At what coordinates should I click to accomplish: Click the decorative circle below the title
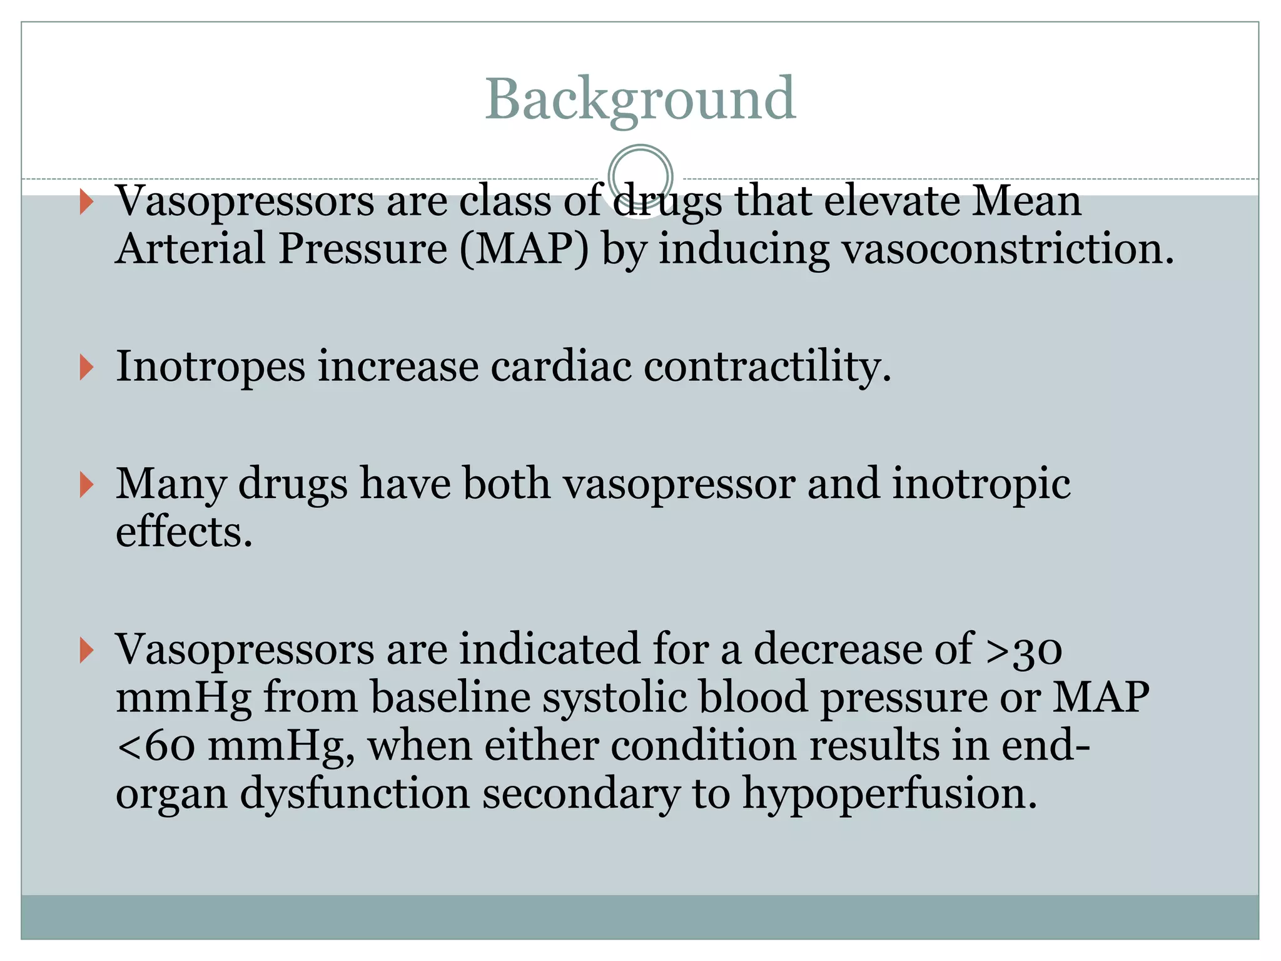click(x=640, y=176)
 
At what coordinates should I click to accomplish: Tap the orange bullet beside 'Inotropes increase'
click(x=87, y=367)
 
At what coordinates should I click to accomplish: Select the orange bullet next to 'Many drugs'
click(x=87, y=485)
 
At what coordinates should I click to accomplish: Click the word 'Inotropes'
click(x=210, y=367)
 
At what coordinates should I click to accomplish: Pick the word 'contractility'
click(x=767, y=366)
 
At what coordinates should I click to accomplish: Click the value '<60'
click(x=156, y=746)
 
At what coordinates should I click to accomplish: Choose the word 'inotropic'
click(x=981, y=485)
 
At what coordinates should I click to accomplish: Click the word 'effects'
click(x=184, y=532)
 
